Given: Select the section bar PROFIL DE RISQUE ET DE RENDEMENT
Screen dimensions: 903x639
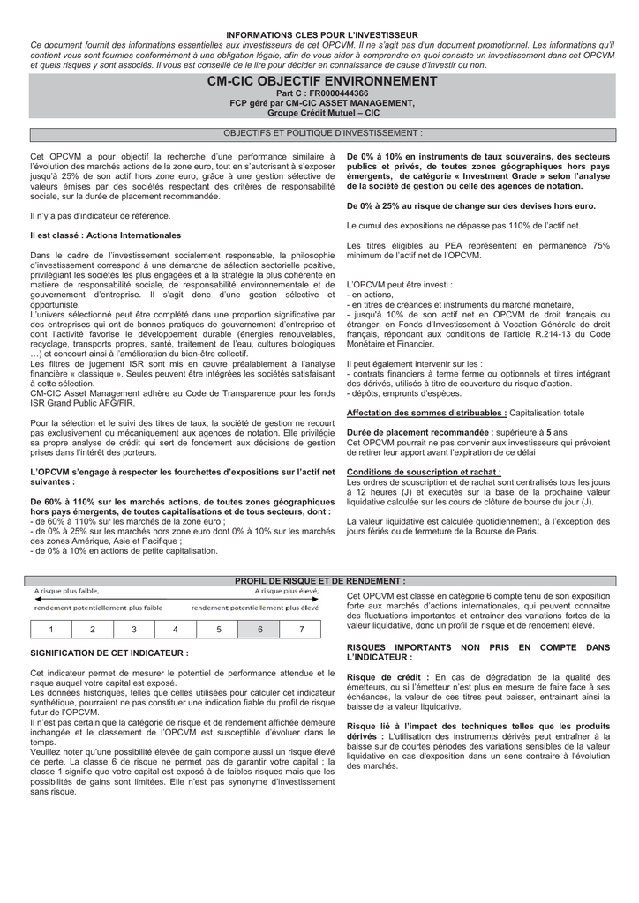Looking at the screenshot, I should pyautogui.click(x=319, y=581).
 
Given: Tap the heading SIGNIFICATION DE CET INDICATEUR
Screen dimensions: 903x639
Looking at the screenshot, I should pyautogui.click(x=109, y=653).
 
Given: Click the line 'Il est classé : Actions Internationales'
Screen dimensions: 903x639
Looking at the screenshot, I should pyautogui.click(x=105, y=235).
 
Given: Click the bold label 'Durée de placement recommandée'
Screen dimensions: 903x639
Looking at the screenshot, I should pyautogui.click(x=417, y=433).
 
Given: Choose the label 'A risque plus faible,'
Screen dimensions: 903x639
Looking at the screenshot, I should pyautogui.click(x=67, y=591).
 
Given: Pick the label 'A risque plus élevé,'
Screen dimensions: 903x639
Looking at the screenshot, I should pyautogui.click(x=288, y=591).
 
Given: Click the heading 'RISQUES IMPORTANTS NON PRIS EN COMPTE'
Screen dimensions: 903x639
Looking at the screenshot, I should pyautogui.click(x=477, y=647).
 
